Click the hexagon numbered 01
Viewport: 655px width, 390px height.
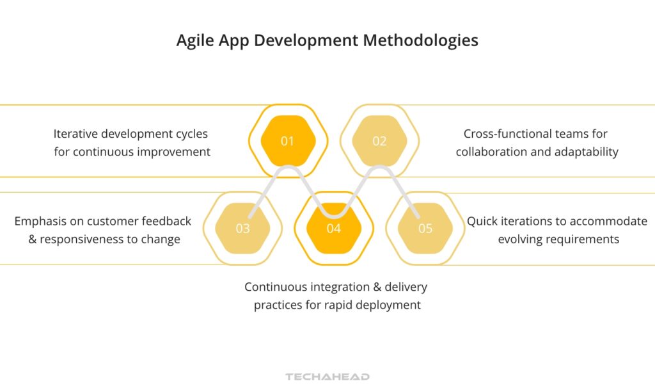point(288,141)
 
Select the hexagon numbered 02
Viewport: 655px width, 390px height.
point(379,141)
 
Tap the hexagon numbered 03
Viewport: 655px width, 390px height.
point(242,228)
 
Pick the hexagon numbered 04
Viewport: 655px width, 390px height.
point(333,228)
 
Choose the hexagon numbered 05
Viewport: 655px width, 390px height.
point(425,228)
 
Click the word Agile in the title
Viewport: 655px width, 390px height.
point(195,41)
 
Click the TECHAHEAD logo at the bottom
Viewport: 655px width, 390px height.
point(327,377)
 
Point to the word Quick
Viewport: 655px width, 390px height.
point(483,221)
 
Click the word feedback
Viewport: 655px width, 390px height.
point(167,221)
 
